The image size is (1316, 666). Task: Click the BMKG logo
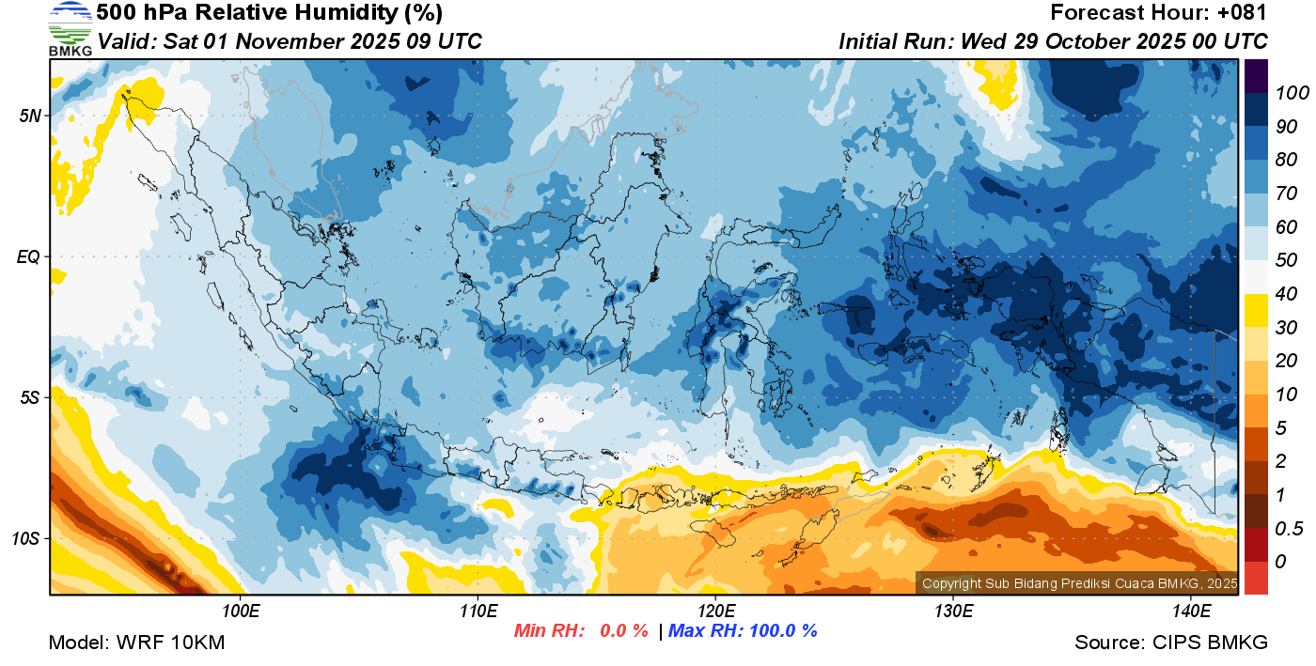[x=70, y=28]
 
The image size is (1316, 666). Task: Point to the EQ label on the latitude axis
[x=29, y=256]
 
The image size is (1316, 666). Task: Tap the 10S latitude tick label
[x=27, y=539]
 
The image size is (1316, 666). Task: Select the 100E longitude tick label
[x=241, y=612]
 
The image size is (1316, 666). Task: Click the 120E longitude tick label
[x=715, y=612]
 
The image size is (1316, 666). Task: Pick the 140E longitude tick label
[x=1190, y=612]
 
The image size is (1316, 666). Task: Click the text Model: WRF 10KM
[x=136, y=643]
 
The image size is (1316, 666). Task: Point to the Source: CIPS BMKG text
[x=1171, y=643]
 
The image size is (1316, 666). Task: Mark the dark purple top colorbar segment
[x=1256, y=74]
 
